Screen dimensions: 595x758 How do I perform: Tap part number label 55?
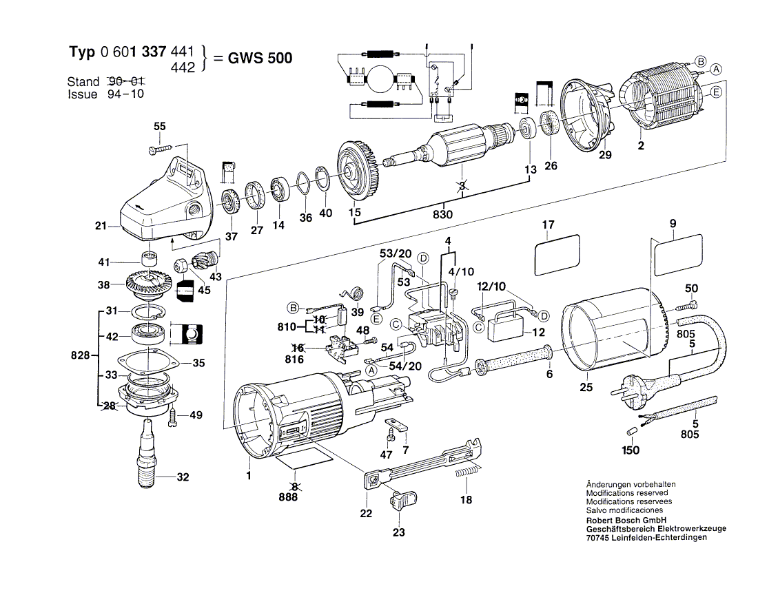(159, 127)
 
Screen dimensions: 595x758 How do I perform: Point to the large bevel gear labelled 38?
(150, 284)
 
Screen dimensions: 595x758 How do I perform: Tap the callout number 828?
(80, 357)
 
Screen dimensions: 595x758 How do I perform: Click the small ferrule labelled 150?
(631, 430)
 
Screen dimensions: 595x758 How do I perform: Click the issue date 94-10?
(126, 94)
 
